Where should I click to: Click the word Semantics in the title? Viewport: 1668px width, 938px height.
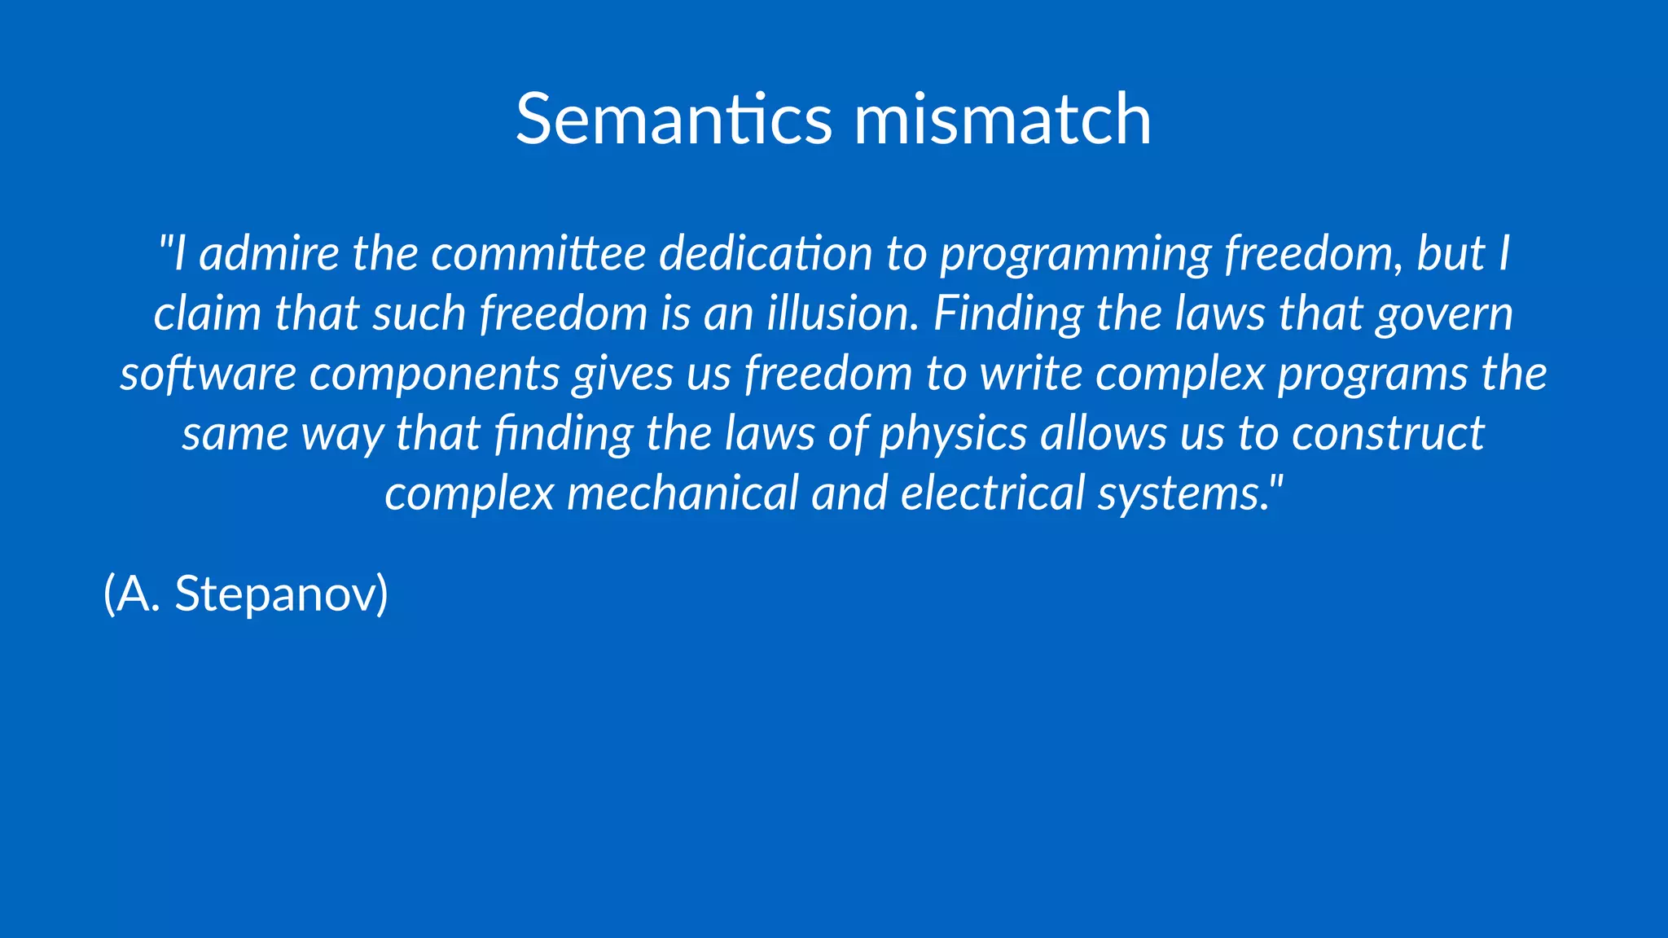(674, 120)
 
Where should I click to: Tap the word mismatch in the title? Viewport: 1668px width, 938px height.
(1002, 120)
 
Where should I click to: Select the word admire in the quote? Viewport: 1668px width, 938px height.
(269, 253)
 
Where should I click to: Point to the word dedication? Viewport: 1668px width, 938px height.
(766, 253)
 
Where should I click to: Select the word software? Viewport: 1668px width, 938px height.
(208, 374)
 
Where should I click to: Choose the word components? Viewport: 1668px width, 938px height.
(434, 375)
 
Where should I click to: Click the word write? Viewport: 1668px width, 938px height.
(1030, 374)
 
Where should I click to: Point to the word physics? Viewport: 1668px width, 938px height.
(953, 434)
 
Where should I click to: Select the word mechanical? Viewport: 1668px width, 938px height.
(683, 493)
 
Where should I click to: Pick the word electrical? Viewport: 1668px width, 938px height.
(993, 493)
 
